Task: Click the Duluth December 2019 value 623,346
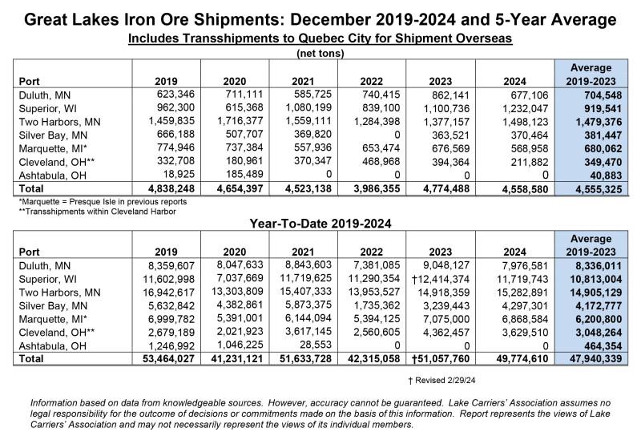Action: [175, 95]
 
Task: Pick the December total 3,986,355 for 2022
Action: [377, 189]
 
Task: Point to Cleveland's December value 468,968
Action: [381, 162]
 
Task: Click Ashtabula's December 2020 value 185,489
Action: [244, 175]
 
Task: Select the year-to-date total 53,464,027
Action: [168, 358]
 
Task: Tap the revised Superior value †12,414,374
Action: [441, 279]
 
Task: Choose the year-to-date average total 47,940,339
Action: [596, 358]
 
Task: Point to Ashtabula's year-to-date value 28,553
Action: [315, 345]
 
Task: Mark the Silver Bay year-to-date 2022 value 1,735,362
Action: [377, 305]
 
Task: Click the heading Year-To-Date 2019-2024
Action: [320, 224]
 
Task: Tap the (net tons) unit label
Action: [320, 53]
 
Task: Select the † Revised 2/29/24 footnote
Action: [441, 381]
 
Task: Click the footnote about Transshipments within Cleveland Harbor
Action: [97, 212]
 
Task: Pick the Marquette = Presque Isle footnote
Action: [103, 202]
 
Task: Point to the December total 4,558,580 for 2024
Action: [525, 189]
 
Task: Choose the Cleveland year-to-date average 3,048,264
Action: [599, 333]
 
